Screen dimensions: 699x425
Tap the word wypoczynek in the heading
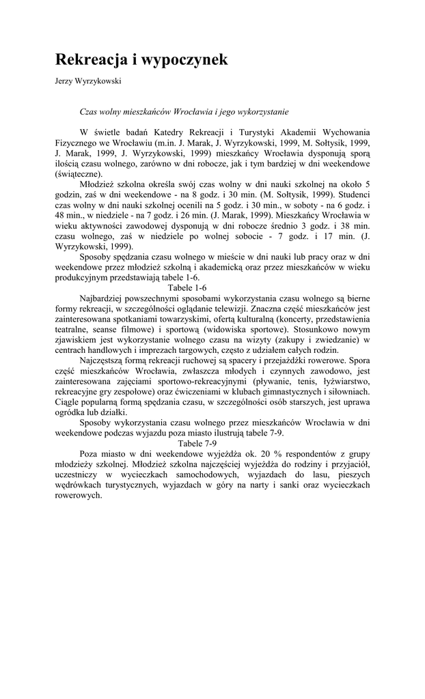coord(180,60)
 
